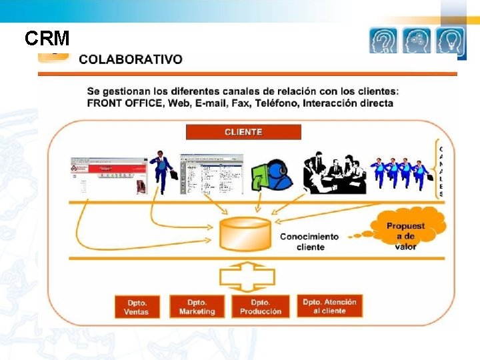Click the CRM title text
point(47,39)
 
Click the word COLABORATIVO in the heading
point(130,59)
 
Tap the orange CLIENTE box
point(243,132)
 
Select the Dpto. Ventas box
point(136,307)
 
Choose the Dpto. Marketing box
point(197,307)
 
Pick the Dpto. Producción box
point(261,307)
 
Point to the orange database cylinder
point(245,233)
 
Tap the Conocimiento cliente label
point(309,241)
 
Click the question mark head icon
point(383,41)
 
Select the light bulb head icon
point(451,41)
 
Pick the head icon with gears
point(417,41)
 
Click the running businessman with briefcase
point(162,171)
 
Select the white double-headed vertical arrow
point(246,275)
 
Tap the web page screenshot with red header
point(108,176)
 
